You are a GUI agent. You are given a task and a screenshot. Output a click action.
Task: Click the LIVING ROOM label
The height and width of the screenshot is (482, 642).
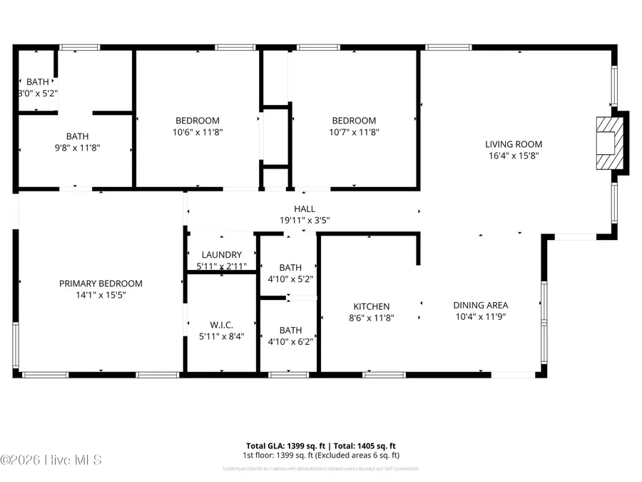pyautogui.click(x=509, y=144)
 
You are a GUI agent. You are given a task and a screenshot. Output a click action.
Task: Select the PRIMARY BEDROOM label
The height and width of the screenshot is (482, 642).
pyautogui.click(x=101, y=283)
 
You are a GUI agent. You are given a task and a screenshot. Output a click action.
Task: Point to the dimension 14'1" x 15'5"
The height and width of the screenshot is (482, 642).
pyautogui.click(x=101, y=295)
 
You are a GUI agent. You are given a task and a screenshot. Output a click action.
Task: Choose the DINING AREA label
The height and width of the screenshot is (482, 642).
pyautogui.click(x=481, y=305)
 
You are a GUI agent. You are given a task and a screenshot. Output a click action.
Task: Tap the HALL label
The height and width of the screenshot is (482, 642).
pyautogui.click(x=305, y=209)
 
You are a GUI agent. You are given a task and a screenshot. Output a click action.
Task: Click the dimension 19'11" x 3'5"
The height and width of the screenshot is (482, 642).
pyautogui.click(x=305, y=220)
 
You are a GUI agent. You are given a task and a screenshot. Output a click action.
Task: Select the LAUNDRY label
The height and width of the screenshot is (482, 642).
pyautogui.click(x=221, y=255)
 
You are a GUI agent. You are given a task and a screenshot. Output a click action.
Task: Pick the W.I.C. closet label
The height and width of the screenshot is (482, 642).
pyautogui.click(x=221, y=325)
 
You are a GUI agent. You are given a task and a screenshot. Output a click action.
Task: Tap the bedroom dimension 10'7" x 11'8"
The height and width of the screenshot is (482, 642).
pyautogui.click(x=354, y=132)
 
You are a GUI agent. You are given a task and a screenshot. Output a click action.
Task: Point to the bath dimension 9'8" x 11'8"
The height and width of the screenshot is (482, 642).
pyautogui.click(x=78, y=148)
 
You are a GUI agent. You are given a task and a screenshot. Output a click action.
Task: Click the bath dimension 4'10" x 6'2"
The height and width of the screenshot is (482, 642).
pyautogui.click(x=290, y=341)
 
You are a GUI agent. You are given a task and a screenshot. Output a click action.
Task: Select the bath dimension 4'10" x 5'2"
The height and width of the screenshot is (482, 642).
pyautogui.click(x=290, y=279)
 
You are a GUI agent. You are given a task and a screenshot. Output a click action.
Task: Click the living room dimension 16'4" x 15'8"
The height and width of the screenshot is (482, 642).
pyautogui.click(x=509, y=156)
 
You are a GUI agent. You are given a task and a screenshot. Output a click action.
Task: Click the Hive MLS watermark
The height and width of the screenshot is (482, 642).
pyautogui.click(x=51, y=460)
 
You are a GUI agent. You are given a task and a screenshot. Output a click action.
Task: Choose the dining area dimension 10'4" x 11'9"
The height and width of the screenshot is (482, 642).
pyautogui.click(x=481, y=316)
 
